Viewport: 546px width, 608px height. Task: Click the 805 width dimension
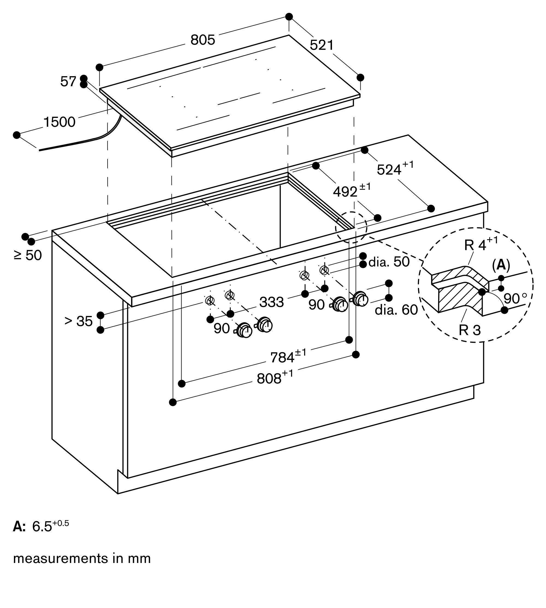203,40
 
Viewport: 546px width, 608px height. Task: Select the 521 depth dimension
321,45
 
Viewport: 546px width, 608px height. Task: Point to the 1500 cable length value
60,122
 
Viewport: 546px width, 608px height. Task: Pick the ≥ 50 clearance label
28,255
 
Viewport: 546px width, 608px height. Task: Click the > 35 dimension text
79,321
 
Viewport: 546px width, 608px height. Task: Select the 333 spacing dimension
272,302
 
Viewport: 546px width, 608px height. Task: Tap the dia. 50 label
389,262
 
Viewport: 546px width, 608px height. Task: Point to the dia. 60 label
396,310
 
